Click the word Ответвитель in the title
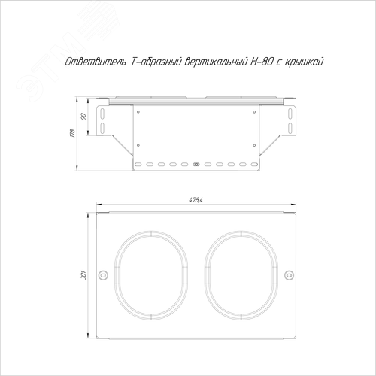coord(96,62)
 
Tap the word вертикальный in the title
coord(216,62)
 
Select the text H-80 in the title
coord(261,62)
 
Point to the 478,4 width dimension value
coord(196,200)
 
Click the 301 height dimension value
coord(84,275)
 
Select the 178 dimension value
coord(73,133)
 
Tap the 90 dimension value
coord(84,117)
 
